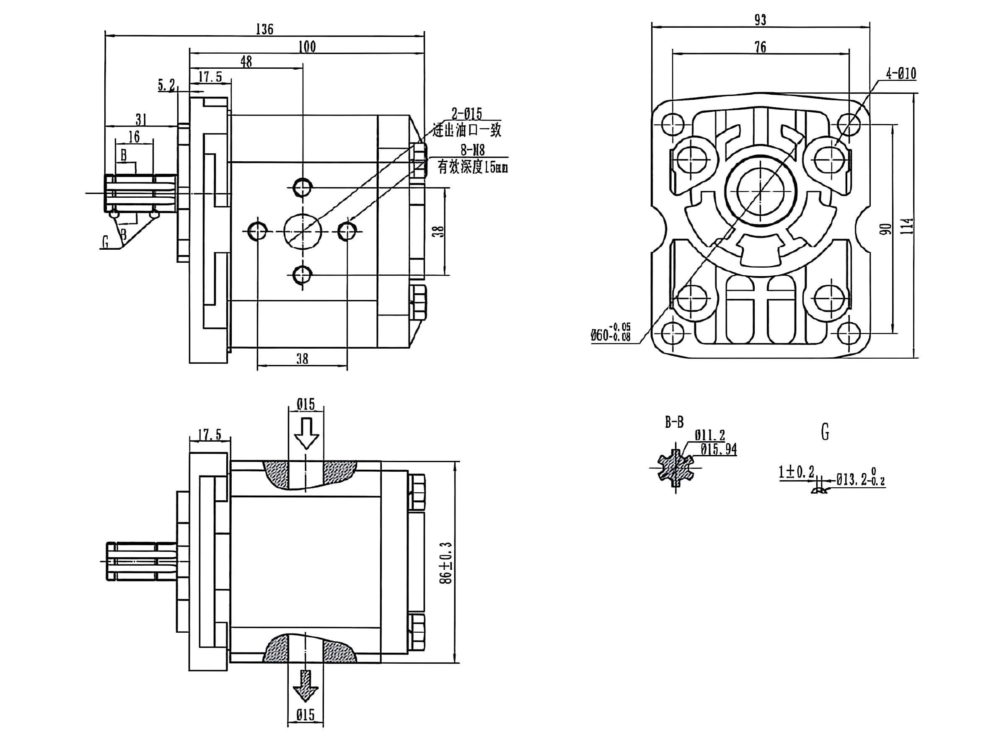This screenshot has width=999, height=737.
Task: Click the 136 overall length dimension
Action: click(x=264, y=29)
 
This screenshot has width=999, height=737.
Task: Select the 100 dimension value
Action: click(x=308, y=47)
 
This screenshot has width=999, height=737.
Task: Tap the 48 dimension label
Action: click(x=246, y=62)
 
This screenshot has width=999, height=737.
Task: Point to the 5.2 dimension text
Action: click(x=166, y=85)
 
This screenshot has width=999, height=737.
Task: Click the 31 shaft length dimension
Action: click(x=141, y=119)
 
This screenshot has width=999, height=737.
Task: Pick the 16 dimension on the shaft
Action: click(x=134, y=137)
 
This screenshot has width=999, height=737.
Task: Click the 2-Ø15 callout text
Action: click(x=467, y=114)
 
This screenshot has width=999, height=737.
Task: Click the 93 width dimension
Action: click(x=760, y=20)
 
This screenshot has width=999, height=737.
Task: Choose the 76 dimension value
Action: click(x=760, y=47)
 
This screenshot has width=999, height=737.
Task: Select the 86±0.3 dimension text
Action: click(x=445, y=563)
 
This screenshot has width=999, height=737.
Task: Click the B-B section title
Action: click(x=674, y=422)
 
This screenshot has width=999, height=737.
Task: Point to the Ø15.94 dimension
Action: click(x=718, y=449)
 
